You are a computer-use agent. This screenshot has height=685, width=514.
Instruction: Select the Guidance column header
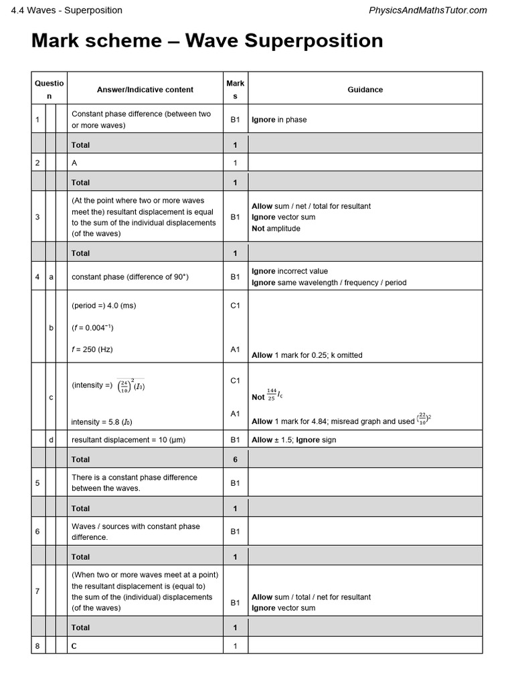coord(365,89)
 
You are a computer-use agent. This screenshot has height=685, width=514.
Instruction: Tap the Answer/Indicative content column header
coord(145,89)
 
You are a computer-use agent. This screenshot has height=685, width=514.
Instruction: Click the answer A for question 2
coord(74,163)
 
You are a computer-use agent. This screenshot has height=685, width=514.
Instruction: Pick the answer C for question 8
coord(74,646)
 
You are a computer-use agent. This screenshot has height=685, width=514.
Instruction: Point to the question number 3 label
coord(37,217)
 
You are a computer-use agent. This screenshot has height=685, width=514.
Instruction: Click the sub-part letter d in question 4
coord(52,439)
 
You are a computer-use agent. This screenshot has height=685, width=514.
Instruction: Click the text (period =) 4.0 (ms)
coord(103,306)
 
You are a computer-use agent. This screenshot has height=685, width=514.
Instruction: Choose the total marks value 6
coord(235,460)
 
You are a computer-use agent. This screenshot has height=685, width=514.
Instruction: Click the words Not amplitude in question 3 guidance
coord(276,228)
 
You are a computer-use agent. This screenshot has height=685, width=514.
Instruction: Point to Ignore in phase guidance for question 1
coord(279,120)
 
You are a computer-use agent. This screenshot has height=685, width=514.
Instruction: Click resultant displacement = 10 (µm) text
coord(128,439)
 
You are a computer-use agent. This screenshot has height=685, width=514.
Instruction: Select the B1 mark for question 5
coord(235,482)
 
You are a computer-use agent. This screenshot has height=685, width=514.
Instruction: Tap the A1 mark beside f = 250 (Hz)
coord(235,349)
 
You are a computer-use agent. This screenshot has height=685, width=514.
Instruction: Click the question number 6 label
coord(37,531)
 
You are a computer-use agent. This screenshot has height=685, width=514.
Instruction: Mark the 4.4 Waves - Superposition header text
coord(67,10)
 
